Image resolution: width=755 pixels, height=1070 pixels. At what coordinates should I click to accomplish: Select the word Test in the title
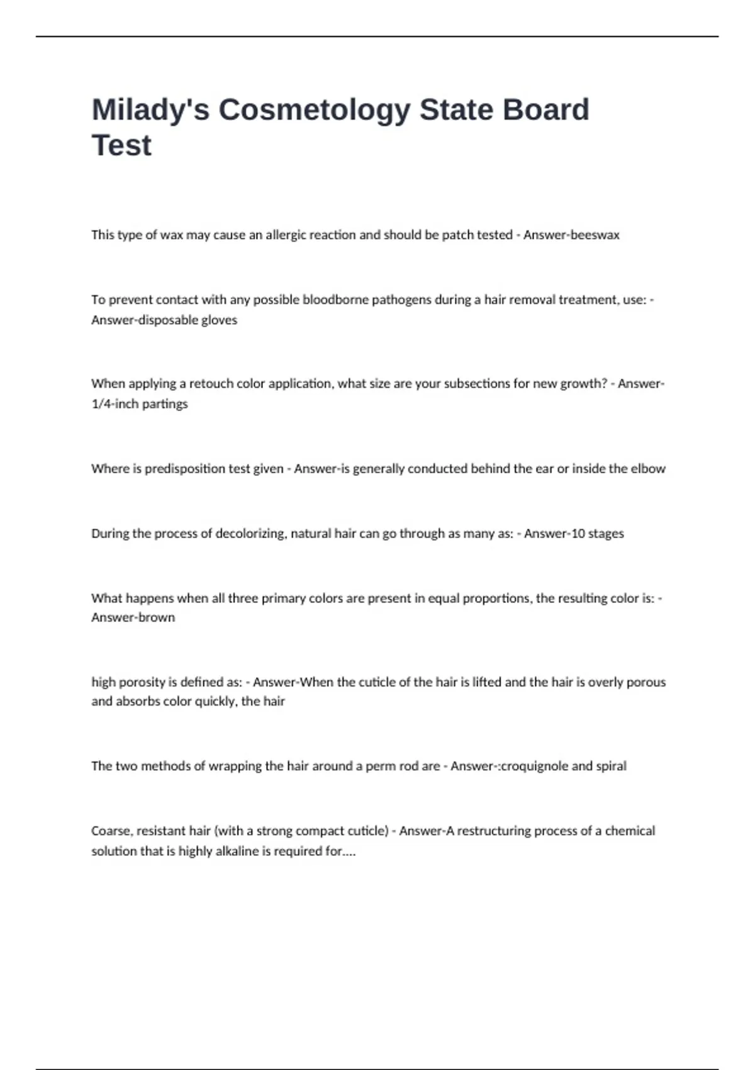121,145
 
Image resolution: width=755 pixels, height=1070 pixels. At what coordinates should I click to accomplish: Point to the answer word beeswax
595,235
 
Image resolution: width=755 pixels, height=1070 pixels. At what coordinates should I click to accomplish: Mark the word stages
606,533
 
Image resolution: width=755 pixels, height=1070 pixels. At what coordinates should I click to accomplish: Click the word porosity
142,682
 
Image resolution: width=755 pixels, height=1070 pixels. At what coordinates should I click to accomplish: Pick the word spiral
611,766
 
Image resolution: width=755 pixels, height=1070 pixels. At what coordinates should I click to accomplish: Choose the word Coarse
110,831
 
